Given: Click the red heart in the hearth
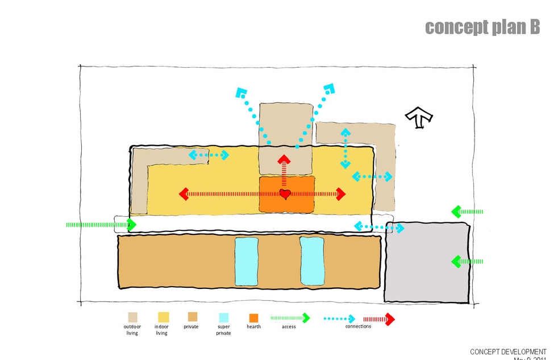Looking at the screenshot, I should click(x=285, y=194).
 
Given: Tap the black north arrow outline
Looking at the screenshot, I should click(x=419, y=117).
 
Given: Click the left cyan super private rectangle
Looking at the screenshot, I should click(x=247, y=262).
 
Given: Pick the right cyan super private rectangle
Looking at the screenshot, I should click(x=312, y=262).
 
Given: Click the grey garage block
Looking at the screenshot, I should click(x=427, y=262).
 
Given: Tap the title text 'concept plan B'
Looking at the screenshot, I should click(x=482, y=27).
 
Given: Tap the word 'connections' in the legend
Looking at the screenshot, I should click(x=358, y=326).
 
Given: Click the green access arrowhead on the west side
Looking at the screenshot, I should click(x=131, y=225).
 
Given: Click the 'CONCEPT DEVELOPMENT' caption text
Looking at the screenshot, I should click(x=508, y=352).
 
